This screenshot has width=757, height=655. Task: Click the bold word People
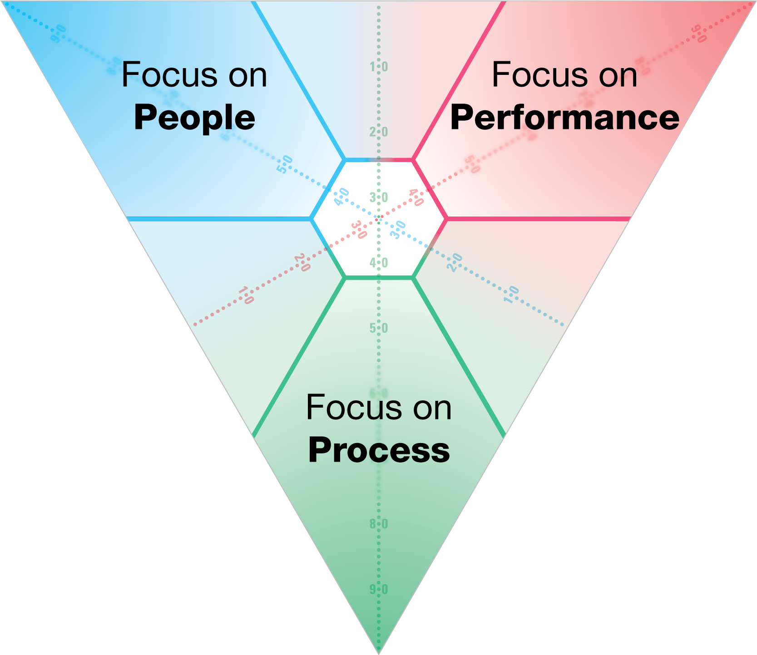tap(194, 117)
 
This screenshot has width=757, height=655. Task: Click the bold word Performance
tap(564, 117)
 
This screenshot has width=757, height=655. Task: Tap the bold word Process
tap(379, 450)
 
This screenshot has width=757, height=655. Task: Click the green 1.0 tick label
tap(379, 67)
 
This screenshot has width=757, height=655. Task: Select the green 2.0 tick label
tap(379, 132)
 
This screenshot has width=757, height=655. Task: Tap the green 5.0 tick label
tap(379, 328)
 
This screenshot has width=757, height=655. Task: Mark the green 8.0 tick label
tap(379, 524)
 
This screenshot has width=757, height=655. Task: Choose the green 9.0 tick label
tap(379, 589)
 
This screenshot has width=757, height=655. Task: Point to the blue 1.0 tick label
tap(511, 295)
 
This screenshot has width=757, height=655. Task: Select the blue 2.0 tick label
tap(454, 262)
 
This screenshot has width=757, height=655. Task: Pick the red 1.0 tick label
tap(246, 295)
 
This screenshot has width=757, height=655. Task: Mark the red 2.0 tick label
tap(302, 262)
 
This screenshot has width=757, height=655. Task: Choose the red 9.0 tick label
tap(699, 34)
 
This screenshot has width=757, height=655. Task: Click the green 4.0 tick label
tap(379, 262)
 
